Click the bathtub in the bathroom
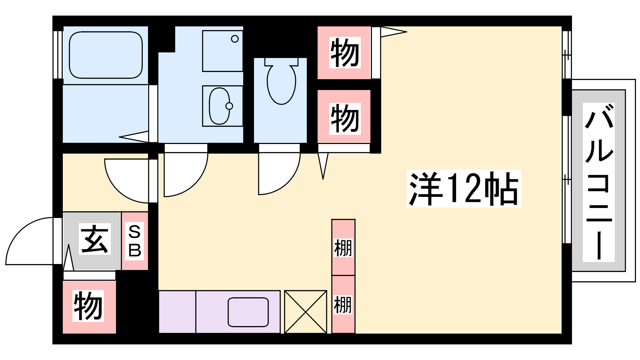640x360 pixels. pyautogui.click(x=106, y=55)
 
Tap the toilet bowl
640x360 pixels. pyautogui.click(x=282, y=84)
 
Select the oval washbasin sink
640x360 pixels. pyautogui.click(x=220, y=106)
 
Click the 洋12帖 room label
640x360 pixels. pyautogui.click(x=464, y=188)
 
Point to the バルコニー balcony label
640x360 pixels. pyautogui.click(x=598, y=182)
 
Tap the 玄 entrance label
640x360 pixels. pyautogui.click(x=94, y=239)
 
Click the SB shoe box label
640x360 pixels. pyautogui.click(x=134, y=241)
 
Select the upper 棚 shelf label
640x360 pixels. pyautogui.click(x=343, y=248)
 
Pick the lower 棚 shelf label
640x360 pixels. pyautogui.click(x=343, y=305)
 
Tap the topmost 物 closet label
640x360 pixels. pyautogui.click(x=344, y=52)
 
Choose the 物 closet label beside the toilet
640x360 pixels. pyautogui.click(x=344, y=118)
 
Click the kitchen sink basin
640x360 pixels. pyautogui.click(x=248, y=312)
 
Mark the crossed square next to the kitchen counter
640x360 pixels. pyautogui.click(x=306, y=312)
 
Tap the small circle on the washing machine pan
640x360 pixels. pyautogui.click(x=235, y=39)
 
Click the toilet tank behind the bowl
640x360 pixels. pyautogui.click(x=282, y=62)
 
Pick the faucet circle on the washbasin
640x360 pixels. pyautogui.click(x=229, y=106)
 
